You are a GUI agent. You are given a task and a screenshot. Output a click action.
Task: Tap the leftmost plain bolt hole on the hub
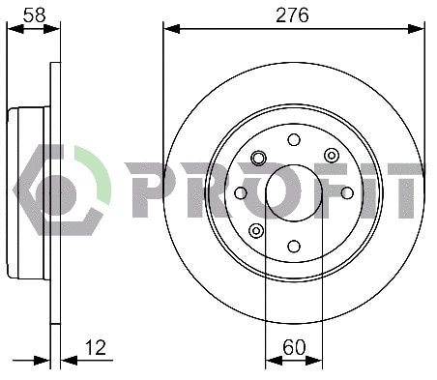[241, 192]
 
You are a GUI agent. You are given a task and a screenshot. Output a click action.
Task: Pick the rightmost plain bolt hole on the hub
[347, 192]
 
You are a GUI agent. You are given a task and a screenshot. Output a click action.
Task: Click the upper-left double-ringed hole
[257, 157]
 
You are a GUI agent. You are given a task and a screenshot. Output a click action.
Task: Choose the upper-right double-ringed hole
[331, 156]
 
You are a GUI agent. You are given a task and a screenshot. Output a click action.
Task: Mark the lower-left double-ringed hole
[256, 230]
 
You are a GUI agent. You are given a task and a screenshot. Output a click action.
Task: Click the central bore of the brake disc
[294, 192]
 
